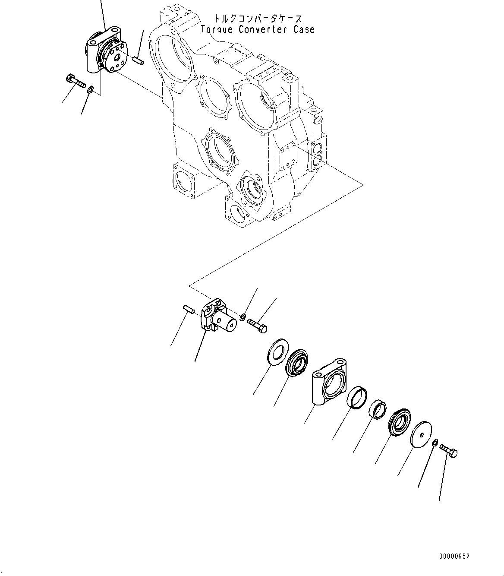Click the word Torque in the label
point(217,30)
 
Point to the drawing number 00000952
point(454,557)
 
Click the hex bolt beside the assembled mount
point(76,81)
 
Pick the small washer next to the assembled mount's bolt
point(90,90)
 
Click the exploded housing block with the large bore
point(328,382)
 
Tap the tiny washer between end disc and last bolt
point(435,442)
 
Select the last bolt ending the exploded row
point(448,450)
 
